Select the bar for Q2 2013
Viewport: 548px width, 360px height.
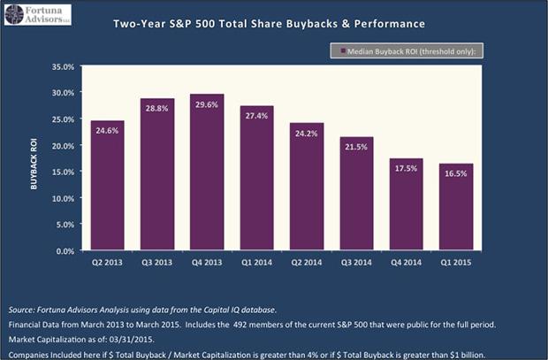click(106, 186)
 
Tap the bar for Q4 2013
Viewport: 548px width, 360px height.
click(207, 172)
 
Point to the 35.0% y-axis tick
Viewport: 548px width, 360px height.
click(62, 66)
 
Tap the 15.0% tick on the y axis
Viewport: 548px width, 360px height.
click(62, 172)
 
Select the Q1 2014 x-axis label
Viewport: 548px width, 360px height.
click(256, 263)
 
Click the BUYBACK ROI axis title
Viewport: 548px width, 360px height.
click(36, 159)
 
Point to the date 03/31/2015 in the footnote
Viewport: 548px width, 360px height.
click(117, 338)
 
